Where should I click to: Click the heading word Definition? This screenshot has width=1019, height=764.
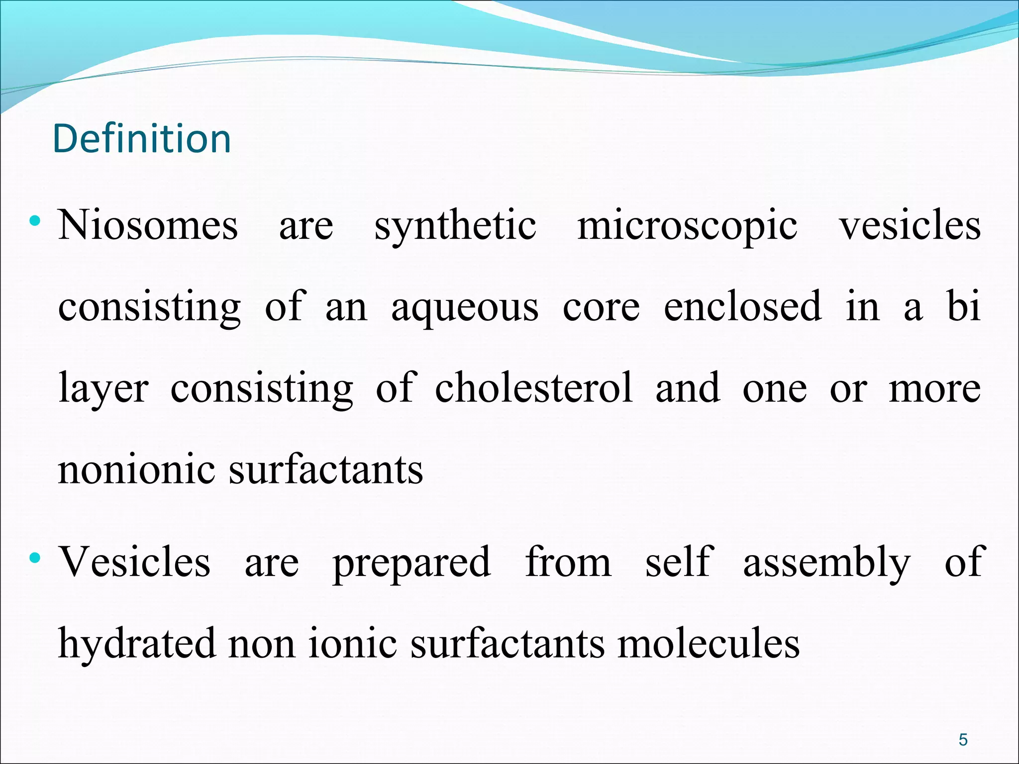142,139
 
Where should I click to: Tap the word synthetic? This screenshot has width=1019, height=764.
455,227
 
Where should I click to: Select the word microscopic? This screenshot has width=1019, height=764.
687,227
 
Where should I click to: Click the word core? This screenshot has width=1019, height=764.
601,307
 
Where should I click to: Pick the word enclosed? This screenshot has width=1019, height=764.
742,306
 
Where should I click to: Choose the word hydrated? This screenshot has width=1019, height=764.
137,644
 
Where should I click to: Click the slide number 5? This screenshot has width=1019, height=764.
963,740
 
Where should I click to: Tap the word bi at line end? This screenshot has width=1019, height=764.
964,306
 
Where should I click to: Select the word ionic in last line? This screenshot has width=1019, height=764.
352,644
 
